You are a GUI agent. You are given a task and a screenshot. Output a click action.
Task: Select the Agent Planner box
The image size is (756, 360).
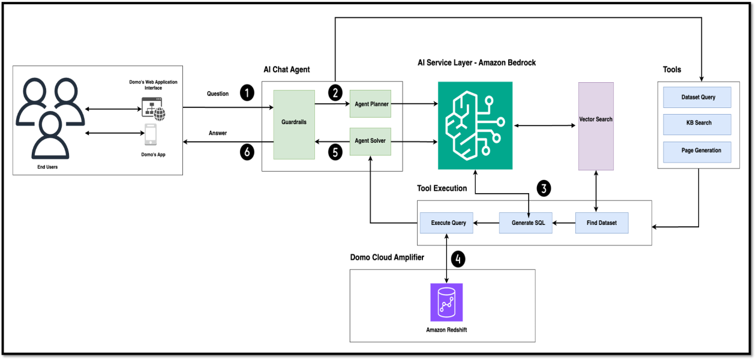370,104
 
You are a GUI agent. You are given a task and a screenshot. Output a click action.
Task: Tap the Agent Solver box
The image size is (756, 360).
370,141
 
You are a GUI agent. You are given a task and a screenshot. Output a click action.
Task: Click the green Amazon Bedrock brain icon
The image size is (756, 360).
475,125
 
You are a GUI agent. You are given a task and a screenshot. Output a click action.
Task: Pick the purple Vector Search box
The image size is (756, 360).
595,125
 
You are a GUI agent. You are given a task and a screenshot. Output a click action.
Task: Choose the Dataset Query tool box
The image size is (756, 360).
697,97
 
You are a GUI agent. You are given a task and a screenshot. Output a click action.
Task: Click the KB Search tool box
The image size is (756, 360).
697,124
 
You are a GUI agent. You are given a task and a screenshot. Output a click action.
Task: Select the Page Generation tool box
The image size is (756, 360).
697,151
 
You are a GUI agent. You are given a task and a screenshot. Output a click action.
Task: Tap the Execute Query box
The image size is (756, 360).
448,223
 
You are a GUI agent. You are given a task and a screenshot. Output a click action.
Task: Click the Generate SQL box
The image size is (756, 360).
526,223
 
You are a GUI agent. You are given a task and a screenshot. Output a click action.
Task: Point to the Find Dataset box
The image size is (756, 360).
602,223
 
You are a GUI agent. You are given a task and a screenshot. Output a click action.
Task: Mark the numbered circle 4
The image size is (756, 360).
458,259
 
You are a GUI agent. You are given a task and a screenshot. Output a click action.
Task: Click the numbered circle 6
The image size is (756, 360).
247,152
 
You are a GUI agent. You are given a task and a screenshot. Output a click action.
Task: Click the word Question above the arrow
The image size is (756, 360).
218,94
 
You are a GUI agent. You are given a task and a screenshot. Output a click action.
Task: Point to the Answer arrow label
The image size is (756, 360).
218,133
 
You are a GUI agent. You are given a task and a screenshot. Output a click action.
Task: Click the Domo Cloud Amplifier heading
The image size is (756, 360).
387,258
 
